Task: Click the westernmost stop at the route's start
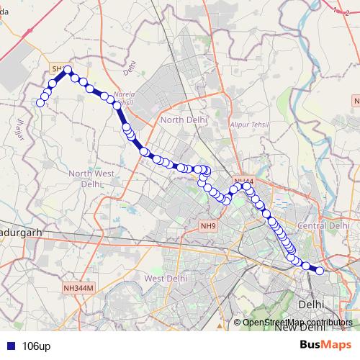click(40, 103)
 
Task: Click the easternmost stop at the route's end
click(320, 271)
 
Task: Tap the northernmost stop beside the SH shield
click(68, 71)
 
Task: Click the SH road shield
click(56, 68)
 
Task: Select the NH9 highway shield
click(208, 226)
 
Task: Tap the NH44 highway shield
click(243, 181)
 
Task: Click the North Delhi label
click(184, 120)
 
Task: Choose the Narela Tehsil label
click(122, 98)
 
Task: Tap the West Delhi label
click(166, 278)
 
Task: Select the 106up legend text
click(36, 346)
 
